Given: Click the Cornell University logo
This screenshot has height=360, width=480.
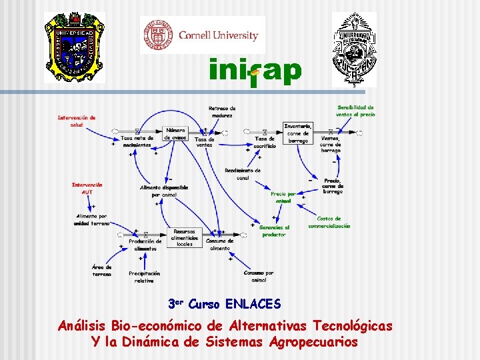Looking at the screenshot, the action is pos(202,35).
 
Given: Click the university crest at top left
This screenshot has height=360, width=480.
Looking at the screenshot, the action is pos(75,47).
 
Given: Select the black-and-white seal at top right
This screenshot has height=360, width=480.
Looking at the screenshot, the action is pos(355,48).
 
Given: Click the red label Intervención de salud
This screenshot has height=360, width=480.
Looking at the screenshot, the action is pos(77,121).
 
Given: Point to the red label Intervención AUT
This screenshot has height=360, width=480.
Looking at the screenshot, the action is pos(87,188).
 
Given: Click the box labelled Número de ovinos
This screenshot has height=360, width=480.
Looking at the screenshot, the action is pos(176,133).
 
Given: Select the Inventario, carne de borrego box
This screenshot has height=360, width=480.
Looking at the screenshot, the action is pos(297,133).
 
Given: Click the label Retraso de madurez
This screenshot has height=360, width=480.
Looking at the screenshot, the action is pos(222,111).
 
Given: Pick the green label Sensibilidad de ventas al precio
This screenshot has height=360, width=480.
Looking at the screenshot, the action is pos(355,111).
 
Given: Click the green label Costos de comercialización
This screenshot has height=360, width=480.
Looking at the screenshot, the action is pos(329,222).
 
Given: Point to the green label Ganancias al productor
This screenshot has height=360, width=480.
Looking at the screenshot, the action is pos(274,231).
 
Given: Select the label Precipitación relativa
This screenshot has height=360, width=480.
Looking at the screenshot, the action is pos(145,277).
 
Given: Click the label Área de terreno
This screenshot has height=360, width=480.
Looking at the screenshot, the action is pos(102,270).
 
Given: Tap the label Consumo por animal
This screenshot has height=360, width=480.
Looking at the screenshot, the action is pos(259,276).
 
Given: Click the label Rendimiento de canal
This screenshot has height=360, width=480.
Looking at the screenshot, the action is pos(243,174).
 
